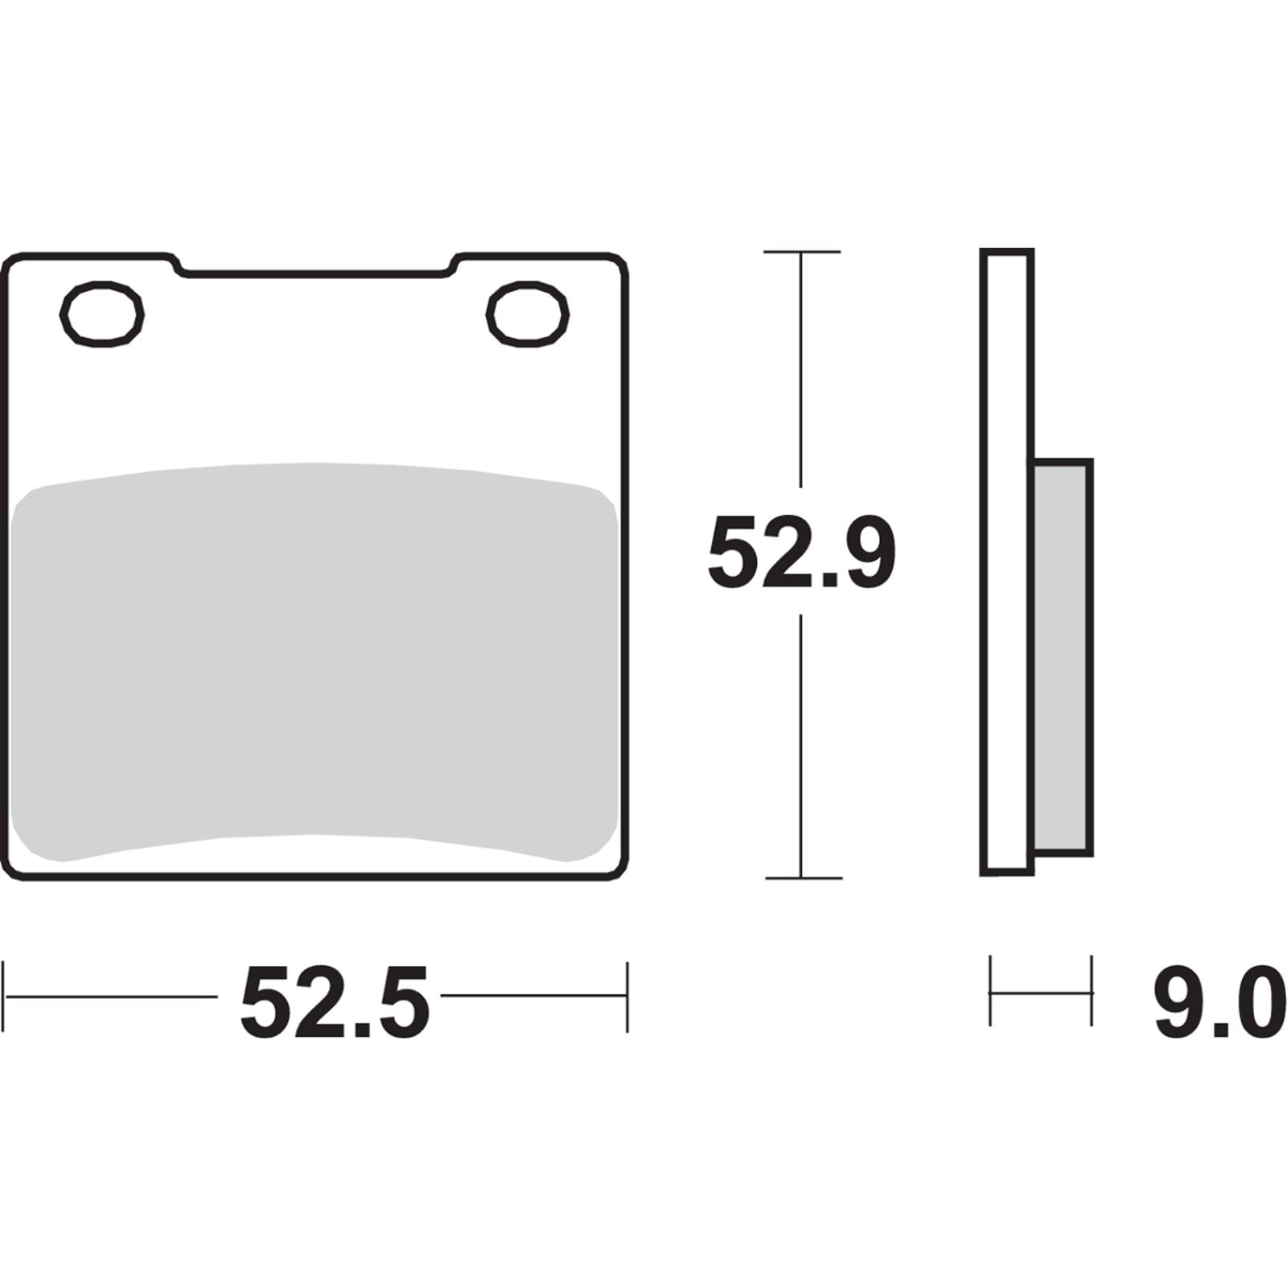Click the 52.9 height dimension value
coord(801,553)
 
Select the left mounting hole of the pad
coord(102,314)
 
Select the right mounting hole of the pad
coord(528,314)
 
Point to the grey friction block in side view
coord(1063,656)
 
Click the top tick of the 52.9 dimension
coord(801,252)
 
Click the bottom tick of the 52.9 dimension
coord(801,878)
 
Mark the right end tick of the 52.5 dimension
coord(627,996)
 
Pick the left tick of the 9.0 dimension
coord(990,990)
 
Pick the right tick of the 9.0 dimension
coord(1091,990)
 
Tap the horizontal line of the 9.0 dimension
coord(1040,993)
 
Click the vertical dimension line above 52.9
coord(800,370)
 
